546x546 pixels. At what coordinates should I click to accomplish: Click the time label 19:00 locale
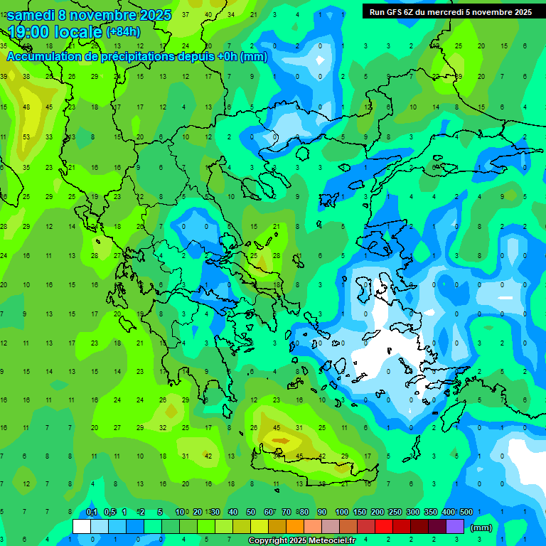tap(55, 31)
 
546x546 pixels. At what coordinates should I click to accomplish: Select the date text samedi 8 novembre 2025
tap(89, 14)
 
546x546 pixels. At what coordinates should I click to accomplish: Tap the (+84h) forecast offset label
tap(123, 32)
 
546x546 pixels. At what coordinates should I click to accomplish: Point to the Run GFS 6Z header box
tap(450, 11)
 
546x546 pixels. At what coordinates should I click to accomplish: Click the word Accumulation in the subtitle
tap(49, 57)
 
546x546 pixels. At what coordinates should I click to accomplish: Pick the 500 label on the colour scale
tap(466, 512)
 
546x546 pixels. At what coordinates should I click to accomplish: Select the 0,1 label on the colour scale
tap(92, 512)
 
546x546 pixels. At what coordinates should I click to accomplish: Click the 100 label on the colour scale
tap(342, 512)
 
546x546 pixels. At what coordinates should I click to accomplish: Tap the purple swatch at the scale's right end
tap(456, 527)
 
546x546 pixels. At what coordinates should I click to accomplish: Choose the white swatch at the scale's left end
tap(82, 527)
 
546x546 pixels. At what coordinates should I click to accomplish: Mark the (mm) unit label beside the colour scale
tap(481, 528)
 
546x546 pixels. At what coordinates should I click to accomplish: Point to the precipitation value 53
tap(26, 136)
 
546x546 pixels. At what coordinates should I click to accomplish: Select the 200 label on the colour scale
tap(378, 512)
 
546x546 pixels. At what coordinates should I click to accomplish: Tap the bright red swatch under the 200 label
tap(385, 527)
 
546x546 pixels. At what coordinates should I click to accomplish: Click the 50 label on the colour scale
tap(251, 512)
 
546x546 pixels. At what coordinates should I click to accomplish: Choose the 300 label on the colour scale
tap(413, 512)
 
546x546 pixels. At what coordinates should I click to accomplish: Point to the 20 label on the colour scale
tap(197, 512)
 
